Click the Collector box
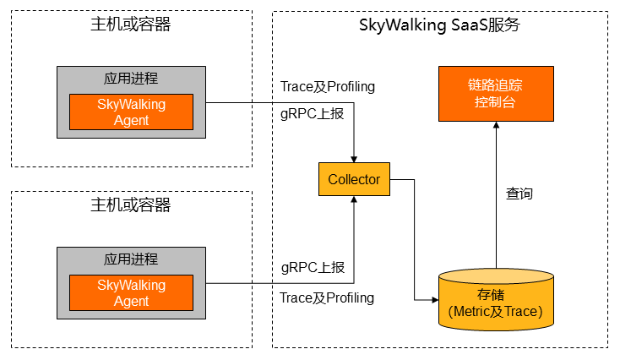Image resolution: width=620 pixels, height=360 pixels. [354, 179]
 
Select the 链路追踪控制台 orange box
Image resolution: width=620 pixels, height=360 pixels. [495, 94]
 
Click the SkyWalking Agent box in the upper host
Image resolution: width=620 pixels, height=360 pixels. [131, 112]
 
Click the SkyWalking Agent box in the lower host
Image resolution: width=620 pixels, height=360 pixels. [131, 293]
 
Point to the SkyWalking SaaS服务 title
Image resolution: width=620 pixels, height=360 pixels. [439, 25]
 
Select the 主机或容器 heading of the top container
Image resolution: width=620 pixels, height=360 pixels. [131, 25]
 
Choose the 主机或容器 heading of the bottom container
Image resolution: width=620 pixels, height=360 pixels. [131, 205]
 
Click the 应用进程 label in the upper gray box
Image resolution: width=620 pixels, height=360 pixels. [131, 79]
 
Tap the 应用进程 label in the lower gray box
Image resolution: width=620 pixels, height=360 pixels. [131, 259]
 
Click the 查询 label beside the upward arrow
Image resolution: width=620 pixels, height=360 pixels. [519, 194]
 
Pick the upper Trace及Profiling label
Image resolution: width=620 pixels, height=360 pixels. [327, 87]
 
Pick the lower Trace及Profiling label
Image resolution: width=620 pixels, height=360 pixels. [327, 297]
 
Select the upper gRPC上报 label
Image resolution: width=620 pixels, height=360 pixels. [313, 113]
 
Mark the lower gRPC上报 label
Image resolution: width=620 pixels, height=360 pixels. [313, 268]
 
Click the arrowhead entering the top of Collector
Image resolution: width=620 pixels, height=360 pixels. [354, 158]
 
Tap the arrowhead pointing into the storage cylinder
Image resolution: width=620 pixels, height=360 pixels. [433, 299]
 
